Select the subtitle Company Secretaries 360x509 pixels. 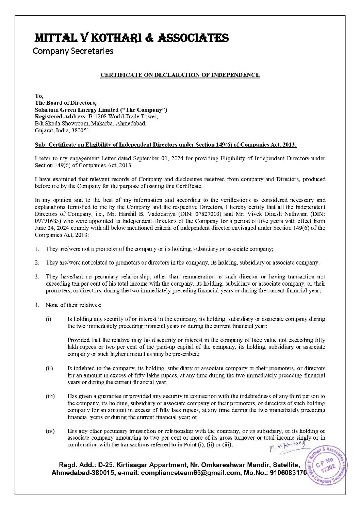pos(73,51)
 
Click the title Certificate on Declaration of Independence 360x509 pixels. pos(180,75)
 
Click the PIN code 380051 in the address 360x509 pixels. pos(82,130)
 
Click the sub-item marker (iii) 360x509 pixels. pos(50,396)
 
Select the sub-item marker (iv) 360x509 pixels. pos(50,431)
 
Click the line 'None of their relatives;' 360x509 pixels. pos(73,305)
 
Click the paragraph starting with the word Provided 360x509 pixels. pos(196,347)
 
